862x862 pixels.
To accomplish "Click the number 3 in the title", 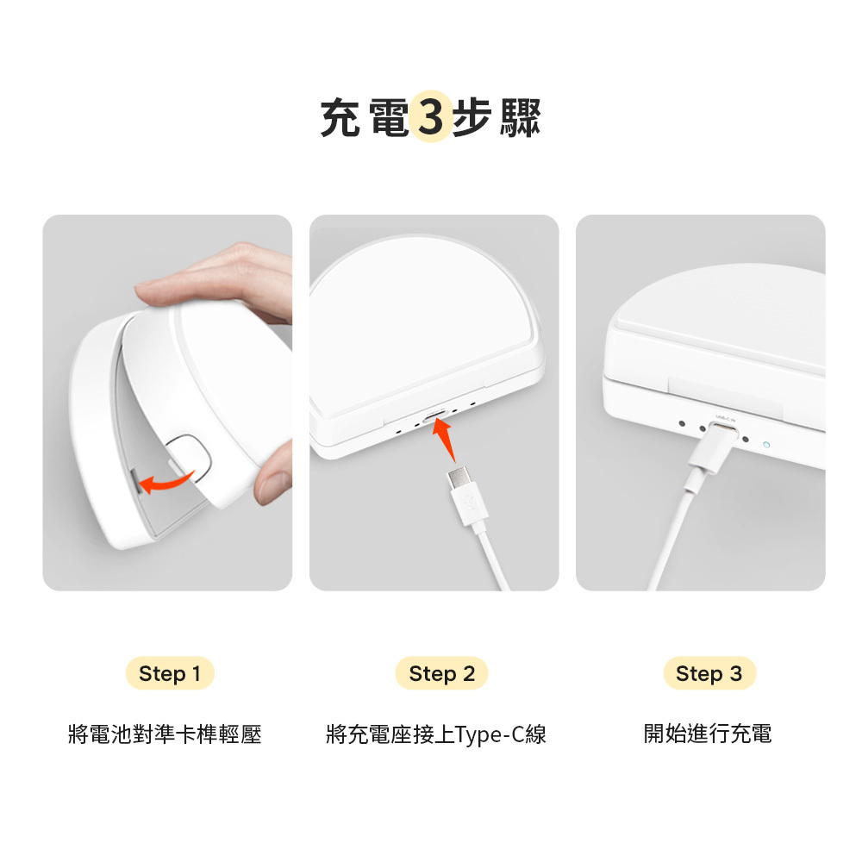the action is [x=430, y=116].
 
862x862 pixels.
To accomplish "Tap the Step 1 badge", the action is [x=170, y=673].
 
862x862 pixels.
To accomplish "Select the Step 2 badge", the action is [x=441, y=673].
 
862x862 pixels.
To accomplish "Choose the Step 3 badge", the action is [x=709, y=673].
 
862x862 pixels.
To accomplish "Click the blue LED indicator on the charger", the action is [x=766, y=444].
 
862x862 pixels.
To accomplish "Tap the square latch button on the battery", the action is [x=190, y=456].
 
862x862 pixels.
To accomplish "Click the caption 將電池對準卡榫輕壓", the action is [x=165, y=734].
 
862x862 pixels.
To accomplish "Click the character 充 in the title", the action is [x=340, y=117].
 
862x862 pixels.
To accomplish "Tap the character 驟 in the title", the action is [x=520, y=117].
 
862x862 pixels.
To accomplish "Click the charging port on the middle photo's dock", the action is [x=435, y=415].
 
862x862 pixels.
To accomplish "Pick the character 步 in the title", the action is [x=472, y=117].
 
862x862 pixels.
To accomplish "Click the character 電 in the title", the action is [x=388, y=117].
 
